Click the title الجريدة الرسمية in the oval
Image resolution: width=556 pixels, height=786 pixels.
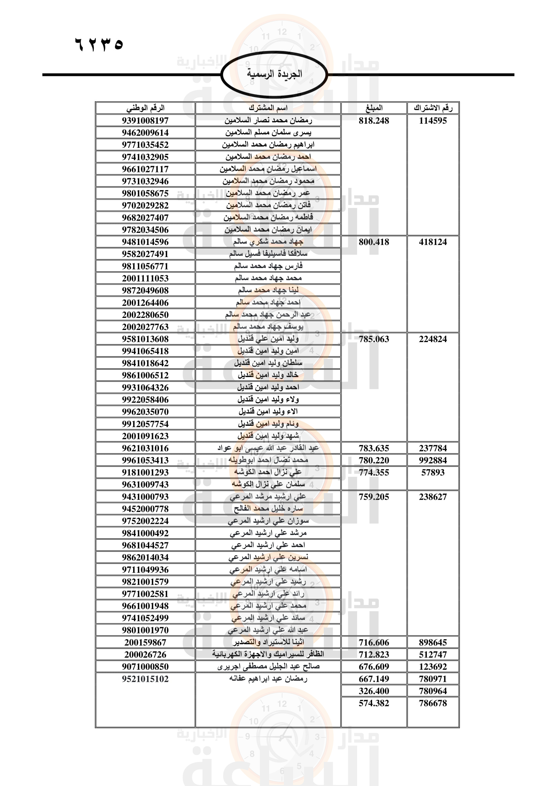pos(274,74)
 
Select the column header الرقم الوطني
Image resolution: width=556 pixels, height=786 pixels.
pos(146,108)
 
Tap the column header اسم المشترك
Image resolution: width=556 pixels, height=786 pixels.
pos(268,108)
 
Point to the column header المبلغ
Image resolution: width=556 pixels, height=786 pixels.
pos(374,108)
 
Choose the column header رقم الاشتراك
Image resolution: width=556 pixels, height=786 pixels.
pos(433,108)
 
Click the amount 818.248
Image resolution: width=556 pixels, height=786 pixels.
pos(374,121)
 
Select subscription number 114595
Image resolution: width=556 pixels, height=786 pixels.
pos(433,121)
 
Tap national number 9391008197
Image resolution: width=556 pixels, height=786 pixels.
pos(146,121)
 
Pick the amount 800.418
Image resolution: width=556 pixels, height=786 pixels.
pos(374,242)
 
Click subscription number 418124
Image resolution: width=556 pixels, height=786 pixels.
pos(433,242)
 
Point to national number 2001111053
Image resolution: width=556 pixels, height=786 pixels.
pos(146,278)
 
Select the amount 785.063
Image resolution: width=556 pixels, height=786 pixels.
pos(374,339)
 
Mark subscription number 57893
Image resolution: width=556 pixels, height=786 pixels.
pos(433,472)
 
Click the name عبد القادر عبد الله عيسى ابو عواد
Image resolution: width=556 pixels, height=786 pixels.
pos(268,448)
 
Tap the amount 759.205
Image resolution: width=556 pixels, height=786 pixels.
pos(374,497)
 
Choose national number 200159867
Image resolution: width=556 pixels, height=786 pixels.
pos(146,643)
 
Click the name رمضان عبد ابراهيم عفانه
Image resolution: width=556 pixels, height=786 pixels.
pos(268,679)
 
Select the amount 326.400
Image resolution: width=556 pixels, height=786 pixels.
pos(374,691)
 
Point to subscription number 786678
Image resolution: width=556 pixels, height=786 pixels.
pos(433,703)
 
